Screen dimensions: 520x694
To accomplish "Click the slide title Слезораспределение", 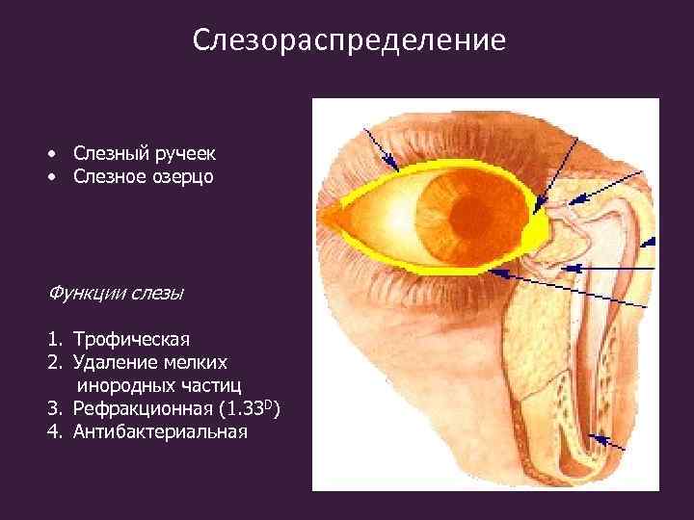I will [x=348, y=40].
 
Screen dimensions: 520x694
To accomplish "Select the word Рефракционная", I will [x=141, y=408].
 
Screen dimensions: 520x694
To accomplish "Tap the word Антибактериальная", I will [x=160, y=431].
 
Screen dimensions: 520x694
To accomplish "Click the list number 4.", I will [x=52, y=431].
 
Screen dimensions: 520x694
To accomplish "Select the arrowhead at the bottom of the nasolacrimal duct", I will [x=593, y=438].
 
